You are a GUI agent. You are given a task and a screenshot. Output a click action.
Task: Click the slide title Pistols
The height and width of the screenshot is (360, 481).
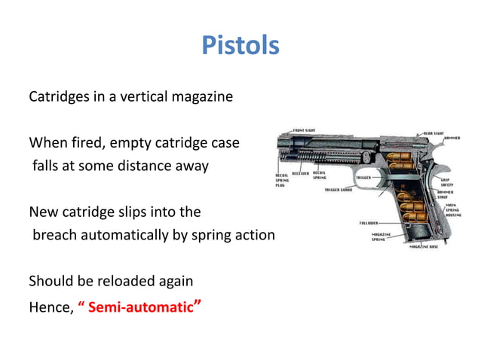pos(240,46)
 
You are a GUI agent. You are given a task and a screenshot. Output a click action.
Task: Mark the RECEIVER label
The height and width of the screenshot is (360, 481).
pos(299,172)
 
